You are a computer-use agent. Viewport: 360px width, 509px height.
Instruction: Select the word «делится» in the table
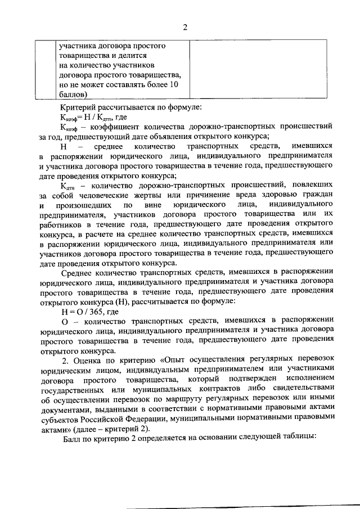(133, 56)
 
